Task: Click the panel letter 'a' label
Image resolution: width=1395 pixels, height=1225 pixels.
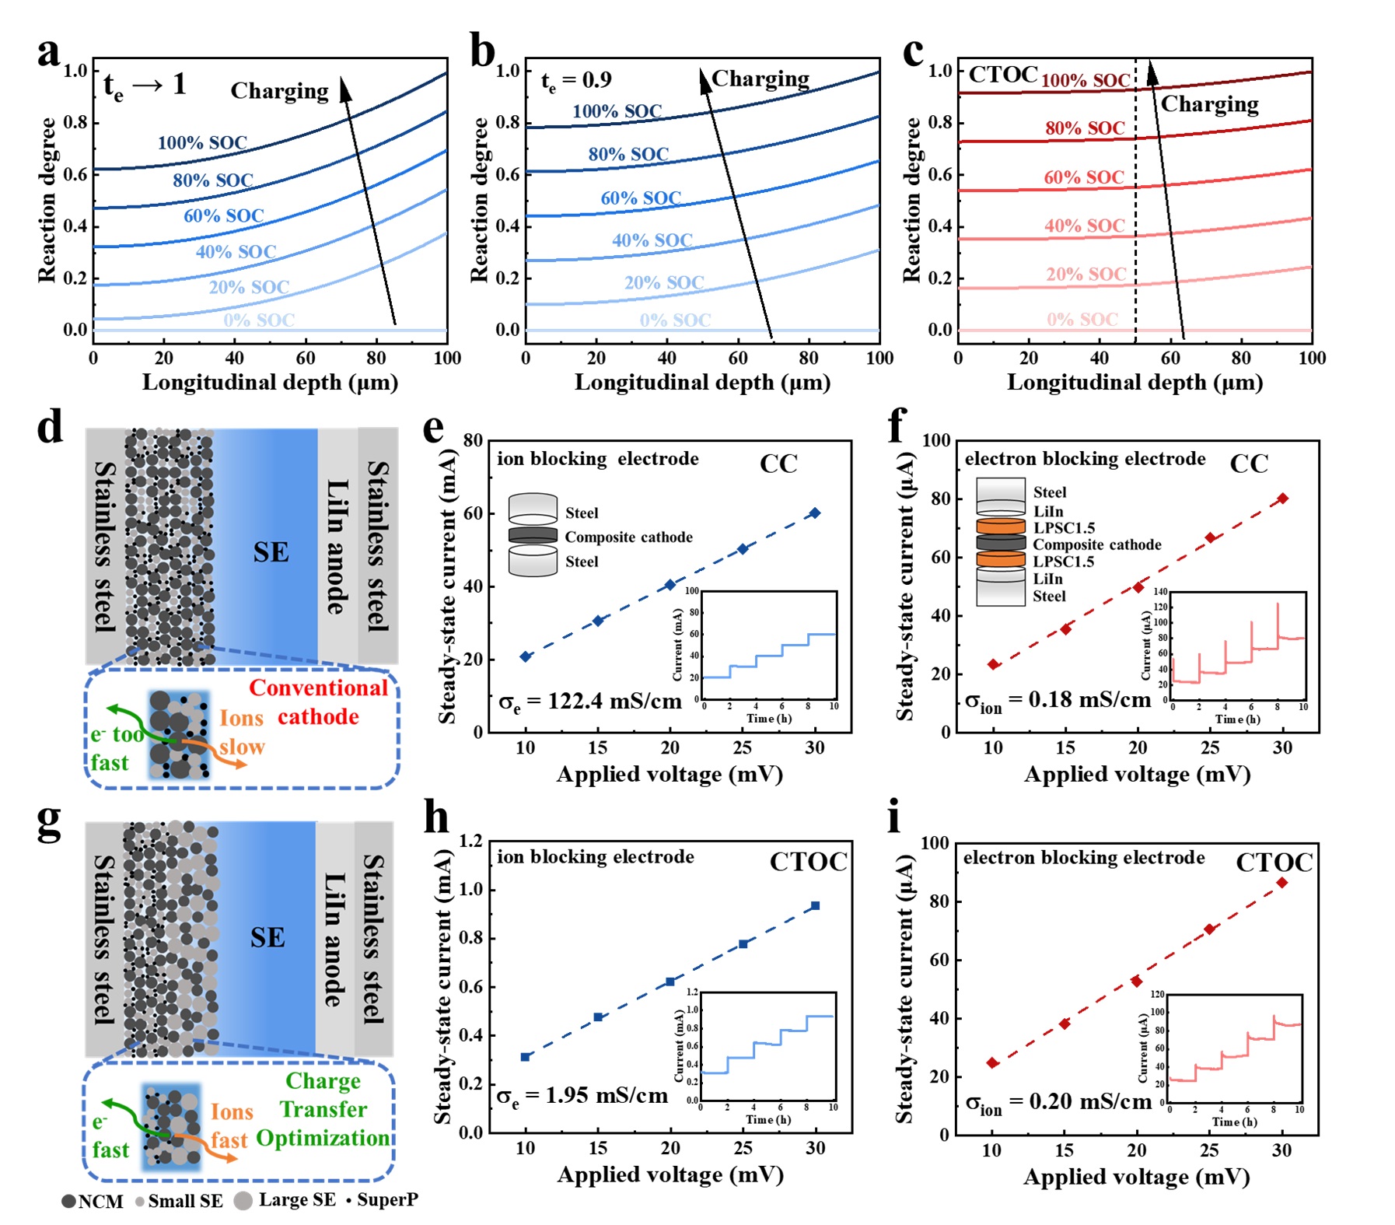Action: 48,53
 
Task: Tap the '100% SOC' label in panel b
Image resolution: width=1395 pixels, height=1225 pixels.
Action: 617,111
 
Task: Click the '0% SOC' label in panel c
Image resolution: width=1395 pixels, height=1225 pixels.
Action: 1082,320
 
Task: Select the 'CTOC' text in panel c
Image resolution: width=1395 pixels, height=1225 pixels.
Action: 1002,75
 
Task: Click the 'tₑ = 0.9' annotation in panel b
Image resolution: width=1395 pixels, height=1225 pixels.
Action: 576,81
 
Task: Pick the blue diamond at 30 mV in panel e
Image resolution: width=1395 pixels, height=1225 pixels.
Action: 815,513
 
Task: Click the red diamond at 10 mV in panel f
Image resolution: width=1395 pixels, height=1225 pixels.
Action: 993,664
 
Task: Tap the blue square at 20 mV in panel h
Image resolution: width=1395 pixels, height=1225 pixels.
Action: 670,982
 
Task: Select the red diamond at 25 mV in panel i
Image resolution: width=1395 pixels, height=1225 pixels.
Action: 1209,929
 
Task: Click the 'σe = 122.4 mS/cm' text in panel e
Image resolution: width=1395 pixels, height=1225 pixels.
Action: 590,702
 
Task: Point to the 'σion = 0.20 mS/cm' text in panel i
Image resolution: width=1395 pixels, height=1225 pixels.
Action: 1058,1102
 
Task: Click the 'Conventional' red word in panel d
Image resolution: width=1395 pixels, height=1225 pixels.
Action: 318,688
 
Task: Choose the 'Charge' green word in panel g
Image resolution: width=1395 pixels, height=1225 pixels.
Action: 323,1081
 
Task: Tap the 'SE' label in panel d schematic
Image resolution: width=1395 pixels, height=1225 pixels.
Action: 271,553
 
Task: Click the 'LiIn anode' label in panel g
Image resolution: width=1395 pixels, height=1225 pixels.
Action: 334,939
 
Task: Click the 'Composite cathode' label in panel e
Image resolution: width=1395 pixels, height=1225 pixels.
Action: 628,537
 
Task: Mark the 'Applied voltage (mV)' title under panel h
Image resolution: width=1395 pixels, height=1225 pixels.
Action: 670,1174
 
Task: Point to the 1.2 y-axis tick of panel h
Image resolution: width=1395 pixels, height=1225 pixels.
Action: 470,841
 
